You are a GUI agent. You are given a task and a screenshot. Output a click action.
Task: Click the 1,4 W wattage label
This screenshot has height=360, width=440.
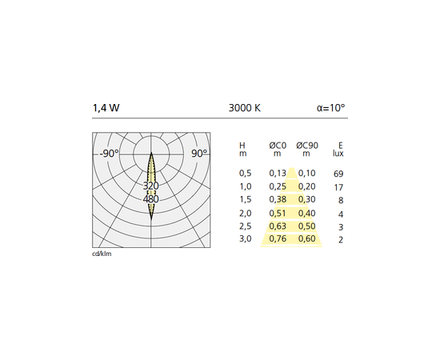click(x=106, y=108)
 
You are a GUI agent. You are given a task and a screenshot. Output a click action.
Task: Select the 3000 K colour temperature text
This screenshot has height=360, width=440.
click(x=245, y=108)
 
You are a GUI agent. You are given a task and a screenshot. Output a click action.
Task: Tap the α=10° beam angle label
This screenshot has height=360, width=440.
click(x=331, y=108)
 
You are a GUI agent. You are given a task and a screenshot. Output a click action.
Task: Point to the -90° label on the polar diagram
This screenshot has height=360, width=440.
click(x=110, y=154)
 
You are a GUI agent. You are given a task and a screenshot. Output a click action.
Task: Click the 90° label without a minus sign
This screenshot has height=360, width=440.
click(x=199, y=154)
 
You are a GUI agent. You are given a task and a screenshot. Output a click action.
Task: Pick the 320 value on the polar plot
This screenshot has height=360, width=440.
click(x=151, y=186)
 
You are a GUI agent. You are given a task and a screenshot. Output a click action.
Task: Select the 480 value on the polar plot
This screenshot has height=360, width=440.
click(x=151, y=199)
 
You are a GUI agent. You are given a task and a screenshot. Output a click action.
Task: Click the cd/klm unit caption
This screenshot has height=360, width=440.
click(x=102, y=254)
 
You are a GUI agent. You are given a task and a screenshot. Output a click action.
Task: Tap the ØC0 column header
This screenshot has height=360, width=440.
click(x=278, y=150)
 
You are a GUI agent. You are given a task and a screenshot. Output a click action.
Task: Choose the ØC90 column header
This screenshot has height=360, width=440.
click(x=307, y=150)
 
